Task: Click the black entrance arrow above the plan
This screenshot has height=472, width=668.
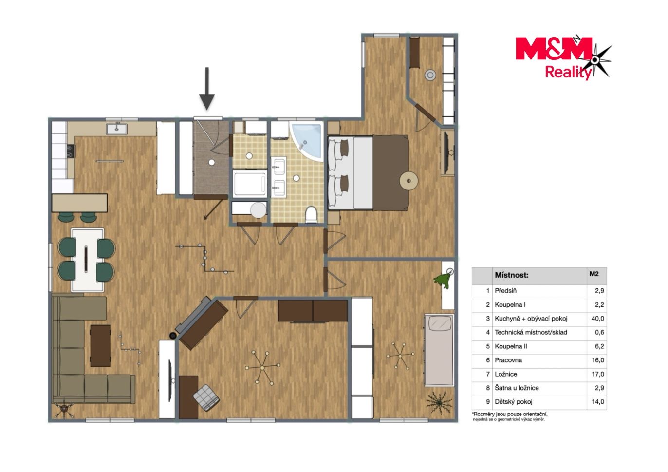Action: (206, 89)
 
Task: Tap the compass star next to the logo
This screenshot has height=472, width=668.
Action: (595, 60)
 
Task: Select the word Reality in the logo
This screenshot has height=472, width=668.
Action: (568, 73)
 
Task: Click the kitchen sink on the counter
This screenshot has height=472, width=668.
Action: (117, 129)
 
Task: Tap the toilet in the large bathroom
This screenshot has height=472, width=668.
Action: (311, 214)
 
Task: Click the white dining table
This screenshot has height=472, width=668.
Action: (88, 260)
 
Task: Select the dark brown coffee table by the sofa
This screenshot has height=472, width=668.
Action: (100, 346)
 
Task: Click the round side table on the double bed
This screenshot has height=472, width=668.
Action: (408, 181)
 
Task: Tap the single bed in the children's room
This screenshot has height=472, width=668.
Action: (439, 351)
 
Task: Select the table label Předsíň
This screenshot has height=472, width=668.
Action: (505, 291)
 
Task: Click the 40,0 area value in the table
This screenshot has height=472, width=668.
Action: (597, 319)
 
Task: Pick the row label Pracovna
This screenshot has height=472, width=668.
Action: (508, 360)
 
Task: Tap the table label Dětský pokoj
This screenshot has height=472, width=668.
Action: (514, 401)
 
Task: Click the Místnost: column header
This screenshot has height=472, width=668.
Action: (511, 275)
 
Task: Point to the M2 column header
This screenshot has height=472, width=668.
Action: (594, 274)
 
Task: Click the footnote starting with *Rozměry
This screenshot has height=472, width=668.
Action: (510, 416)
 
